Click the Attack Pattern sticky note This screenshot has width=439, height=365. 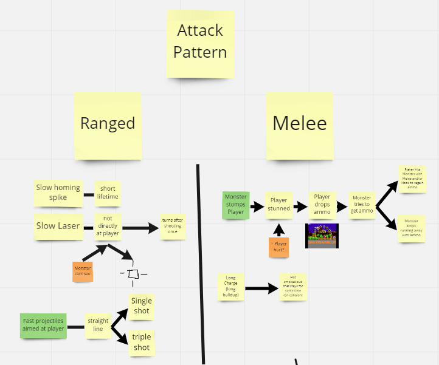pyautogui.click(x=200, y=43)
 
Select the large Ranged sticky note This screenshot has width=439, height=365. pyautogui.click(x=108, y=125)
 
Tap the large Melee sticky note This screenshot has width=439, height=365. pyautogui.click(x=300, y=126)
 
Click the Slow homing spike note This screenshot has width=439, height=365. pyautogui.click(x=58, y=193)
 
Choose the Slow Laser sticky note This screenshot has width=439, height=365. pyautogui.click(x=58, y=226)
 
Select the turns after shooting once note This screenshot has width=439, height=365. pyautogui.click(x=172, y=227)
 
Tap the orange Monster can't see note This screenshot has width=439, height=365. pyautogui.click(x=82, y=271)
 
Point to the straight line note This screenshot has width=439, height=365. pyautogui.click(x=98, y=325)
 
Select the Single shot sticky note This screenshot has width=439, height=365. pyautogui.click(x=141, y=306)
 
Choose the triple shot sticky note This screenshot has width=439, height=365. pyautogui.click(x=141, y=343)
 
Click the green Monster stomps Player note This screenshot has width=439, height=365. pyautogui.click(x=235, y=205)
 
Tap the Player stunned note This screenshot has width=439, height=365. pyautogui.click(x=278, y=205)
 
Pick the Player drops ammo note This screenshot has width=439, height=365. pyautogui.click(x=322, y=205)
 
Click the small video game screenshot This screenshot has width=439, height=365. pyautogui.click(x=322, y=236)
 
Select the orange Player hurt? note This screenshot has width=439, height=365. pyautogui.click(x=278, y=247)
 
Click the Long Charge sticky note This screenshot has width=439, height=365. pyautogui.click(x=231, y=287)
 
